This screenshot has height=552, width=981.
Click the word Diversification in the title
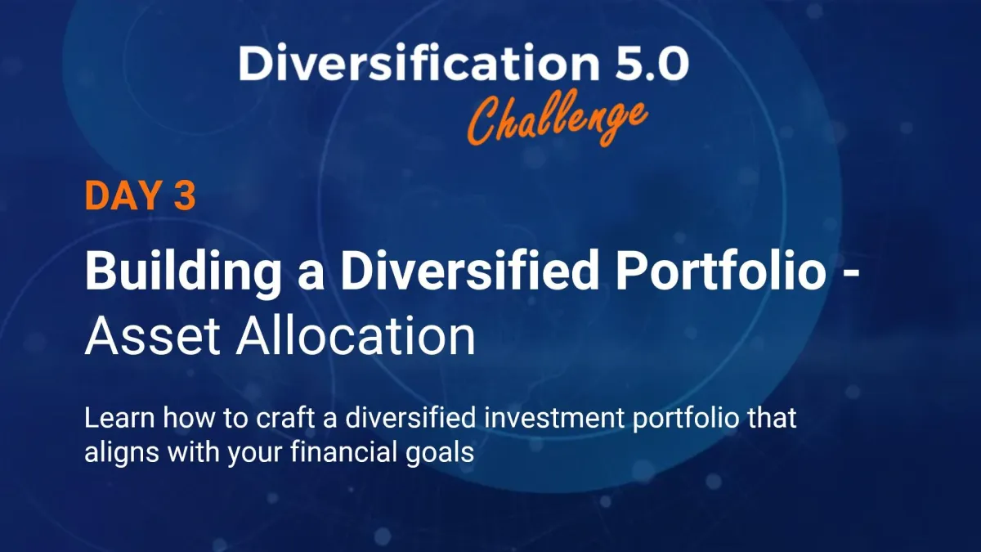point(419,62)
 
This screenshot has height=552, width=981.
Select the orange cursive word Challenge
point(557,119)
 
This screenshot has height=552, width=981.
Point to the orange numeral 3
point(185,195)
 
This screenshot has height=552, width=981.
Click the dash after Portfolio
point(850,274)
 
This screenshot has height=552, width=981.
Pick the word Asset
point(152,336)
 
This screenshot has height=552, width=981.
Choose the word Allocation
point(356,335)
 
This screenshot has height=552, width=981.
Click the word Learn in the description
point(119,418)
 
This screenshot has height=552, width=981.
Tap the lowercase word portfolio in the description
point(686,420)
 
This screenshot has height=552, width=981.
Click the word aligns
point(122,453)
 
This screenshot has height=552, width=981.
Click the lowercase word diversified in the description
point(410,417)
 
